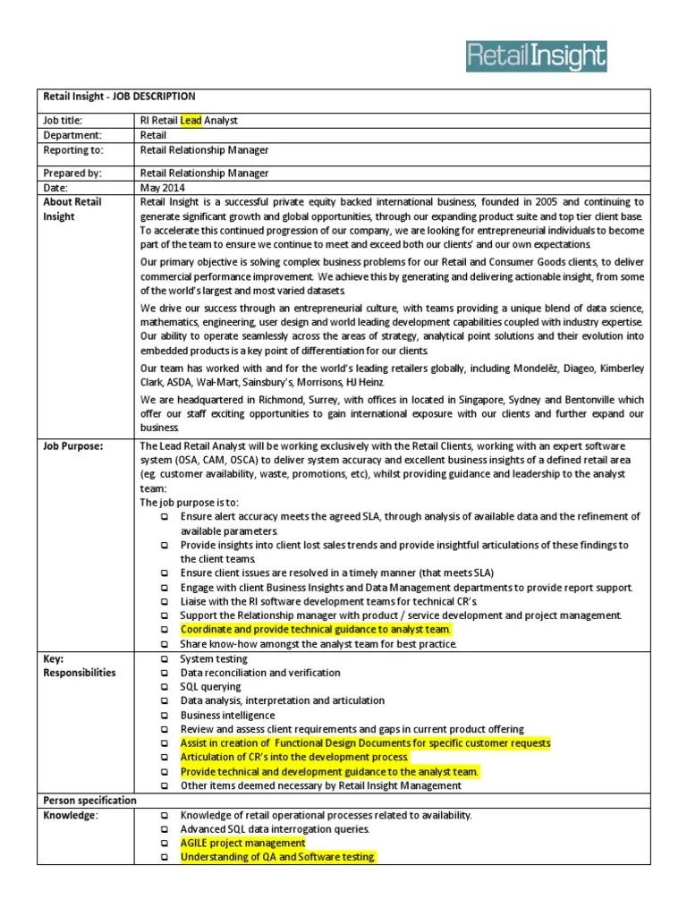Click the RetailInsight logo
[x=536, y=56]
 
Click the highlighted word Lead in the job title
[x=191, y=120]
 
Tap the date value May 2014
[x=162, y=188]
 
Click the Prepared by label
[x=72, y=173]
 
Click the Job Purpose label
[x=73, y=445]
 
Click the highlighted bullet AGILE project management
[x=242, y=843]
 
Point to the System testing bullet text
[x=214, y=658]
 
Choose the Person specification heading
[x=90, y=800]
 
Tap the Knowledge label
[x=71, y=815]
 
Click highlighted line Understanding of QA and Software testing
[x=277, y=857]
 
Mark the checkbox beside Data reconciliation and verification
[x=165, y=673]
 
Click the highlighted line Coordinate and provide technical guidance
[x=316, y=629]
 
